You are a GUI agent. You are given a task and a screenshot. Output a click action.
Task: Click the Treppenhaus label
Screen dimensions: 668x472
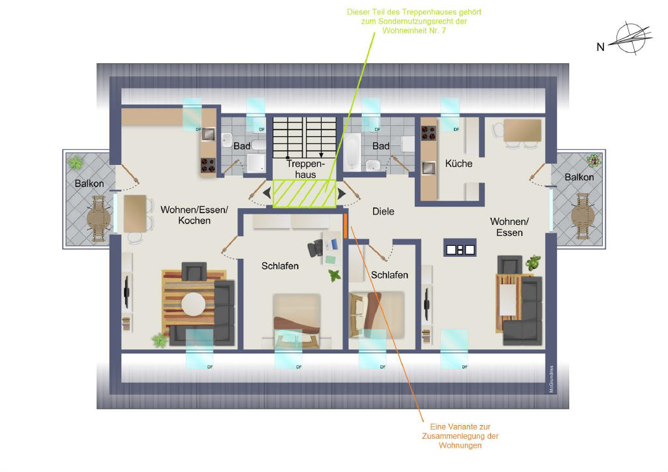tap(305, 169)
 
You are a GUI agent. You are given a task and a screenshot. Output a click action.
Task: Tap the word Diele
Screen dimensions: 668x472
tap(383, 211)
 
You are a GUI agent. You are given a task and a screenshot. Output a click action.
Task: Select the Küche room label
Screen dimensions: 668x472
tap(459, 164)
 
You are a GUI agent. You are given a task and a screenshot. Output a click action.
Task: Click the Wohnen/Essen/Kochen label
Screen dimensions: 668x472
tap(194, 215)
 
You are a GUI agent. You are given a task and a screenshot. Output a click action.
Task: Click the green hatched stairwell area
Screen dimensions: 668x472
tap(304, 194)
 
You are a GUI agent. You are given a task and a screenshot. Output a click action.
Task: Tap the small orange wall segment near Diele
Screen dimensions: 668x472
tap(346, 226)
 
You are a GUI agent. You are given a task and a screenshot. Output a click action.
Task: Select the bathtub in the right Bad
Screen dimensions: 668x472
tap(352, 151)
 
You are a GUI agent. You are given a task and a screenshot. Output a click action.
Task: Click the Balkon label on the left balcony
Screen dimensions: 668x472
tap(89, 183)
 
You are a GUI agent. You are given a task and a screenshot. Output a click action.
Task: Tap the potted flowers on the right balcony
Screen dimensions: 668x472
tap(593, 160)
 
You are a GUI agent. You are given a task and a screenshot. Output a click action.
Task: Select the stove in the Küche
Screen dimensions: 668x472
tap(429, 133)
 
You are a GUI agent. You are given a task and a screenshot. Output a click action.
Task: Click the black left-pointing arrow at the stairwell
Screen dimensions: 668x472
tap(267, 193)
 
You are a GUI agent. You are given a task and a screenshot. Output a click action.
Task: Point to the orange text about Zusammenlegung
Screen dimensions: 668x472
tap(460, 436)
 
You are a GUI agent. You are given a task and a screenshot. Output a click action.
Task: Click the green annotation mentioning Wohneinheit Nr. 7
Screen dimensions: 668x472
tap(414, 22)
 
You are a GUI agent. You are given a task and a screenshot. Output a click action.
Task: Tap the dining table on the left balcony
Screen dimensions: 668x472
tap(99, 219)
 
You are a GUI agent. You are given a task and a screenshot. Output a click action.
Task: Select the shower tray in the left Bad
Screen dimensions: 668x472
tap(256, 164)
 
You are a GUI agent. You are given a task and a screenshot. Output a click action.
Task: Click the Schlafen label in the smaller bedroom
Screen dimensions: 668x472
tap(389, 275)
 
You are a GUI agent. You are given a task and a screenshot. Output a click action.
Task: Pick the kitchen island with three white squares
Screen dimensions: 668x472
tap(460, 248)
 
